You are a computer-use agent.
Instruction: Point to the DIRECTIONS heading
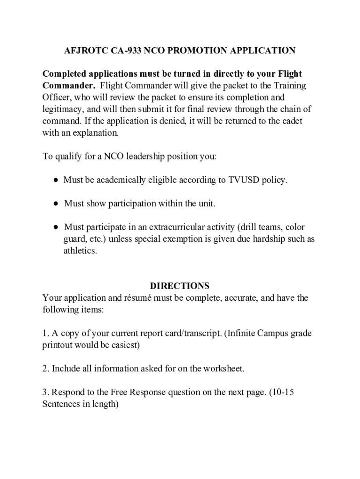(180, 286)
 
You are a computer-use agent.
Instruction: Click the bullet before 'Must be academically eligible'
(55, 180)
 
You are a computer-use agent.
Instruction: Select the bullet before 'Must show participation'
(55, 203)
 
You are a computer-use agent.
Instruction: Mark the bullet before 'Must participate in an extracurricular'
(55, 227)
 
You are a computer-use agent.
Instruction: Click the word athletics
(80, 251)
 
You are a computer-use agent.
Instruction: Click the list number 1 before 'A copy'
(45, 334)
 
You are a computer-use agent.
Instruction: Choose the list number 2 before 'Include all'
(45, 369)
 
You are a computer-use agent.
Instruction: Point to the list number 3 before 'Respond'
(45, 392)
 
